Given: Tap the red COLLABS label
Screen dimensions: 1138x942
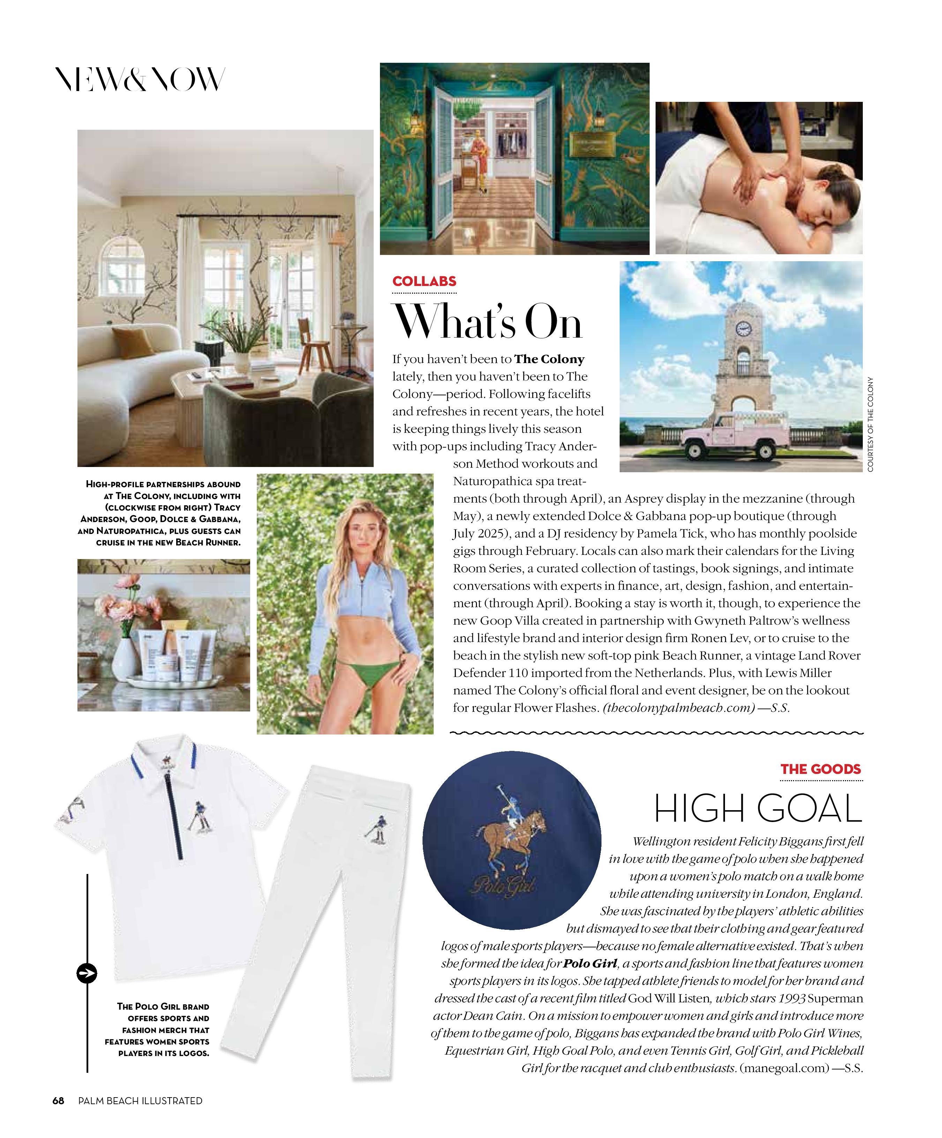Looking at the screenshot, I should pyautogui.click(x=424, y=281).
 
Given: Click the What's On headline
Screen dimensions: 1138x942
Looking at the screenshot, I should pyautogui.click(x=487, y=323).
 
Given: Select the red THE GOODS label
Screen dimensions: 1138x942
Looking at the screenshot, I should pyautogui.click(x=820, y=769).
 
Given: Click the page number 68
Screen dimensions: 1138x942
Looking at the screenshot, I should pyautogui.click(x=58, y=1101).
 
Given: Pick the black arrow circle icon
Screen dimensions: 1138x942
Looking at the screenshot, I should pyautogui.click(x=87, y=973).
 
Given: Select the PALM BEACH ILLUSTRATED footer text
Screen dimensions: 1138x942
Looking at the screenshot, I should pyautogui.click(x=140, y=1101).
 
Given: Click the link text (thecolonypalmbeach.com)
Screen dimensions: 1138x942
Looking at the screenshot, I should pyautogui.click(x=679, y=708).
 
